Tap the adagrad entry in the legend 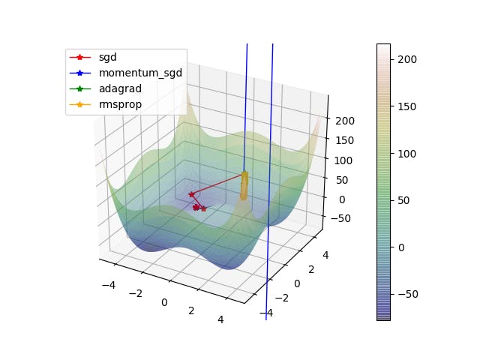[119, 88]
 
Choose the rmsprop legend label [119, 104]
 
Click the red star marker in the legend [81, 57]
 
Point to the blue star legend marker [81, 73]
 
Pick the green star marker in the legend [81, 88]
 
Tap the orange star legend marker [81, 104]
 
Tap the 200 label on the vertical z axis [346, 121]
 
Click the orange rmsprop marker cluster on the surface [244, 187]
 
